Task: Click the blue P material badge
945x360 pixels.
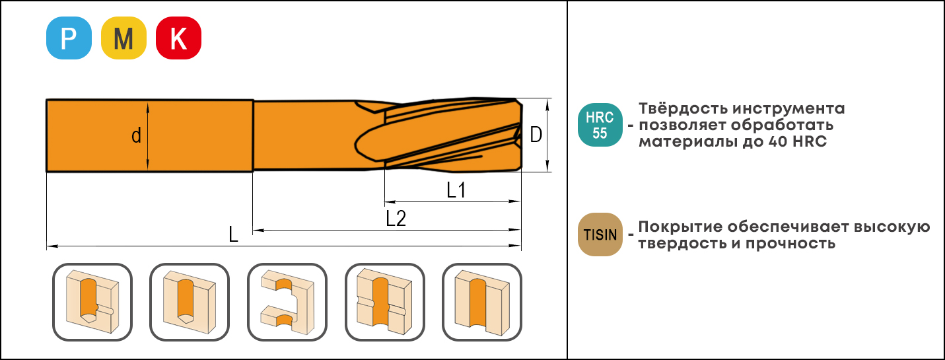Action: pyautogui.click(x=69, y=38)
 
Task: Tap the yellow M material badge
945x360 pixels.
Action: pyautogui.click(x=123, y=38)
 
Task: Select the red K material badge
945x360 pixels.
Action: pyautogui.click(x=178, y=38)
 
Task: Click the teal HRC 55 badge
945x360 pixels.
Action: pyautogui.click(x=600, y=125)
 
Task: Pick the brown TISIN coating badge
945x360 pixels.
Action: pyautogui.click(x=600, y=234)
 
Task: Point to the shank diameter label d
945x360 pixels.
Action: pyautogui.click(x=136, y=136)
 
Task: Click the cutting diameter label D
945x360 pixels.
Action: pyautogui.click(x=536, y=135)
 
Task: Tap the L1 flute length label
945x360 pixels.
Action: pyautogui.click(x=456, y=190)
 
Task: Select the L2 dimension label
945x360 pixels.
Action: pyautogui.click(x=396, y=218)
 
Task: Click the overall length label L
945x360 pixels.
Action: pyautogui.click(x=233, y=234)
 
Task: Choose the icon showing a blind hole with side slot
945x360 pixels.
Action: pyautogui.click(x=92, y=302)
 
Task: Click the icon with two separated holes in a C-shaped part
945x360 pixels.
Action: pyautogui.click(x=287, y=302)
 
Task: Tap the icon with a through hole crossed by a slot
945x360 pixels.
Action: pyautogui.click(x=385, y=302)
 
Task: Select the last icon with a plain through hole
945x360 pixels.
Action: pyautogui.click(x=482, y=302)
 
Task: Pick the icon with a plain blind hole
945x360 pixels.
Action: pyautogui.click(x=190, y=302)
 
